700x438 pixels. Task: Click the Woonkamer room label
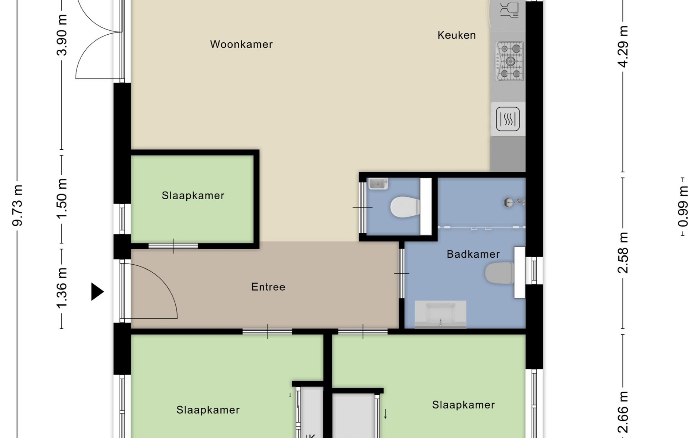pyautogui.click(x=241, y=45)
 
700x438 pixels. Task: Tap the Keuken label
pyautogui.click(x=457, y=35)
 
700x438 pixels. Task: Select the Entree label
pyautogui.click(x=268, y=287)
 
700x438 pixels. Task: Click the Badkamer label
pyautogui.click(x=473, y=254)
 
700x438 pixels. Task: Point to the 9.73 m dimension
pyautogui.click(x=17, y=205)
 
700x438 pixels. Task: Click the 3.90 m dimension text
pyautogui.click(x=62, y=35)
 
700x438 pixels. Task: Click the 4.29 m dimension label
pyautogui.click(x=623, y=47)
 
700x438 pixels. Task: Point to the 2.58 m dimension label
pyautogui.click(x=623, y=253)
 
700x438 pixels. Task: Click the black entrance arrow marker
pyautogui.click(x=97, y=292)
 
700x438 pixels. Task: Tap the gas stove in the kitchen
pyautogui.click(x=510, y=61)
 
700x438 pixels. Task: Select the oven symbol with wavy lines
pyautogui.click(x=508, y=119)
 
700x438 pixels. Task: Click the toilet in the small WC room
pyautogui.click(x=405, y=207)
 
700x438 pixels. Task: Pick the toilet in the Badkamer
pyautogui.click(x=499, y=273)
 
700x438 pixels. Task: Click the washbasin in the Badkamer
pyautogui.click(x=440, y=314)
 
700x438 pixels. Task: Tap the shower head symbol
pyautogui.click(x=514, y=202)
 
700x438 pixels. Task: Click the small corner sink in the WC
pyautogui.click(x=378, y=184)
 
